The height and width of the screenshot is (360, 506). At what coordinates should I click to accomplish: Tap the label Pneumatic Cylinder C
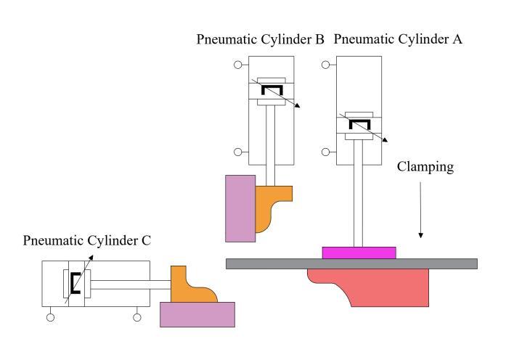86,241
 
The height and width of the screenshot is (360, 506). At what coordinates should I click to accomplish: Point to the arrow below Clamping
421,210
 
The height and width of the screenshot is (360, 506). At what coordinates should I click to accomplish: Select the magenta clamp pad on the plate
359,253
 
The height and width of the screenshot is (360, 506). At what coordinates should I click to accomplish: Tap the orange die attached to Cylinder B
269,207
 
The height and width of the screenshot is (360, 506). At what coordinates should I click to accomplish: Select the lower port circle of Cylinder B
237,152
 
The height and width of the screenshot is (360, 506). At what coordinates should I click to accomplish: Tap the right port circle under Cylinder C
137,316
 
